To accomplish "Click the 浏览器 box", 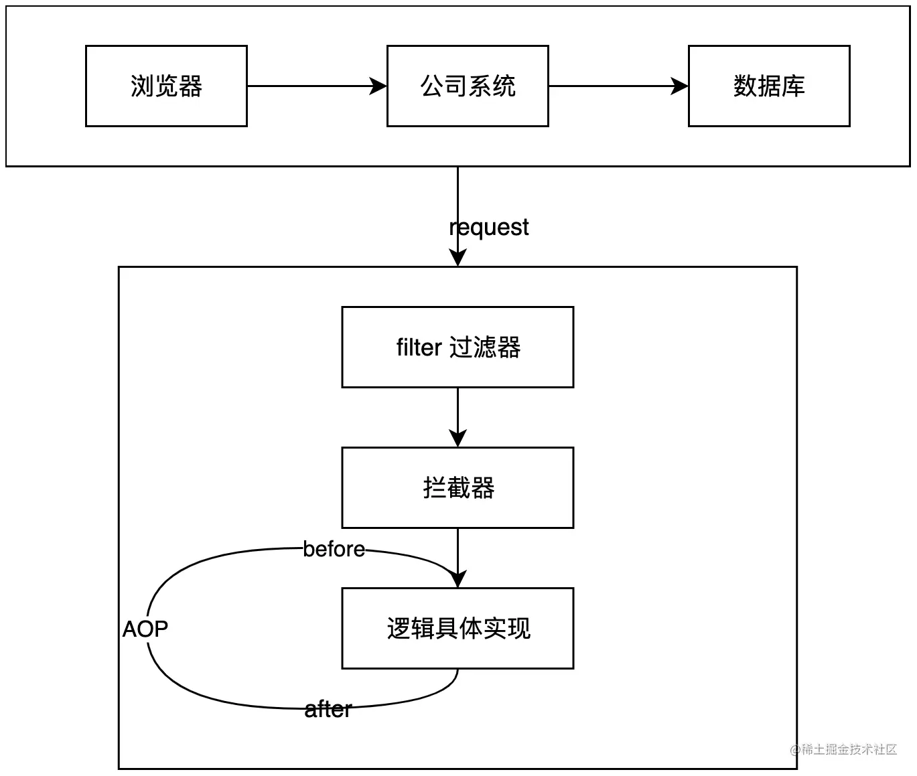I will (166, 86).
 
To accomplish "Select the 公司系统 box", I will (468, 86).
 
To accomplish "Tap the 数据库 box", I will (769, 86).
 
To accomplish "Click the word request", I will (489, 227).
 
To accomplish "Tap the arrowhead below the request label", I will (457, 258).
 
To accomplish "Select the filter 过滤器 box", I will (457, 347).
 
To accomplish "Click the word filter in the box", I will (419, 347).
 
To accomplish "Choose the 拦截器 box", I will (457, 487).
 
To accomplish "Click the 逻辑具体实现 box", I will (457, 628).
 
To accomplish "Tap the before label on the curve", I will (334, 549).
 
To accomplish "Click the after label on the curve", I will (328, 709).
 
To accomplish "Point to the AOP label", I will (145, 629).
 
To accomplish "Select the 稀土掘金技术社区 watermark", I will (843, 749).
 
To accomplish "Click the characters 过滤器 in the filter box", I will (485, 347).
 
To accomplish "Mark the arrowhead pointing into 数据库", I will (680, 86).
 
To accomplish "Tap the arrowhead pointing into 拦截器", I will (457, 439).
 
